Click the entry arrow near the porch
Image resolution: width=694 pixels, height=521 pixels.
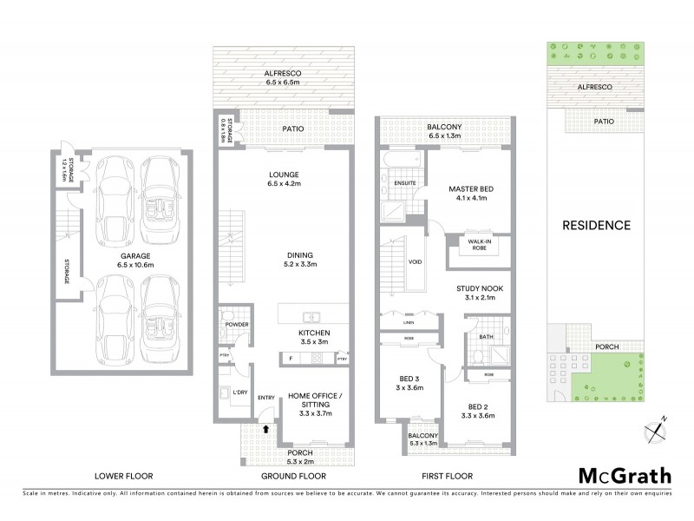click(266, 426)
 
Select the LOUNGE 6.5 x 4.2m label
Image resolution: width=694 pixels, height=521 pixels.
click(285, 178)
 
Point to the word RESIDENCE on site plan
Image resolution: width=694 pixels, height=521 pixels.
click(596, 225)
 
